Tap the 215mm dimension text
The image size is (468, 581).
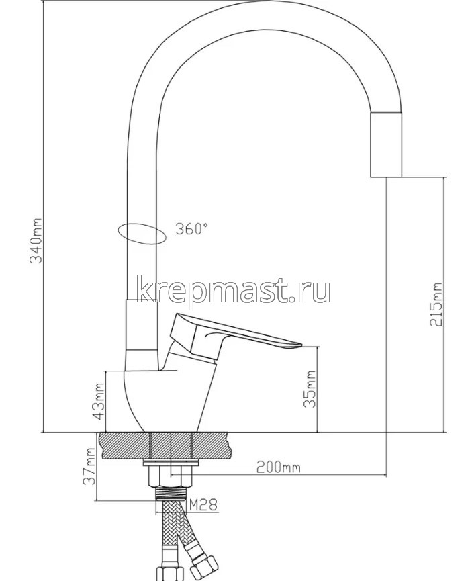(438, 303)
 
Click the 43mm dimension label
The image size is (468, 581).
(99, 401)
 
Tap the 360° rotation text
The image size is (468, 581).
(192, 229)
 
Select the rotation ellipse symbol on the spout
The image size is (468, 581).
(140, 232)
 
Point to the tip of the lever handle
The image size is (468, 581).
(295, 346)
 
